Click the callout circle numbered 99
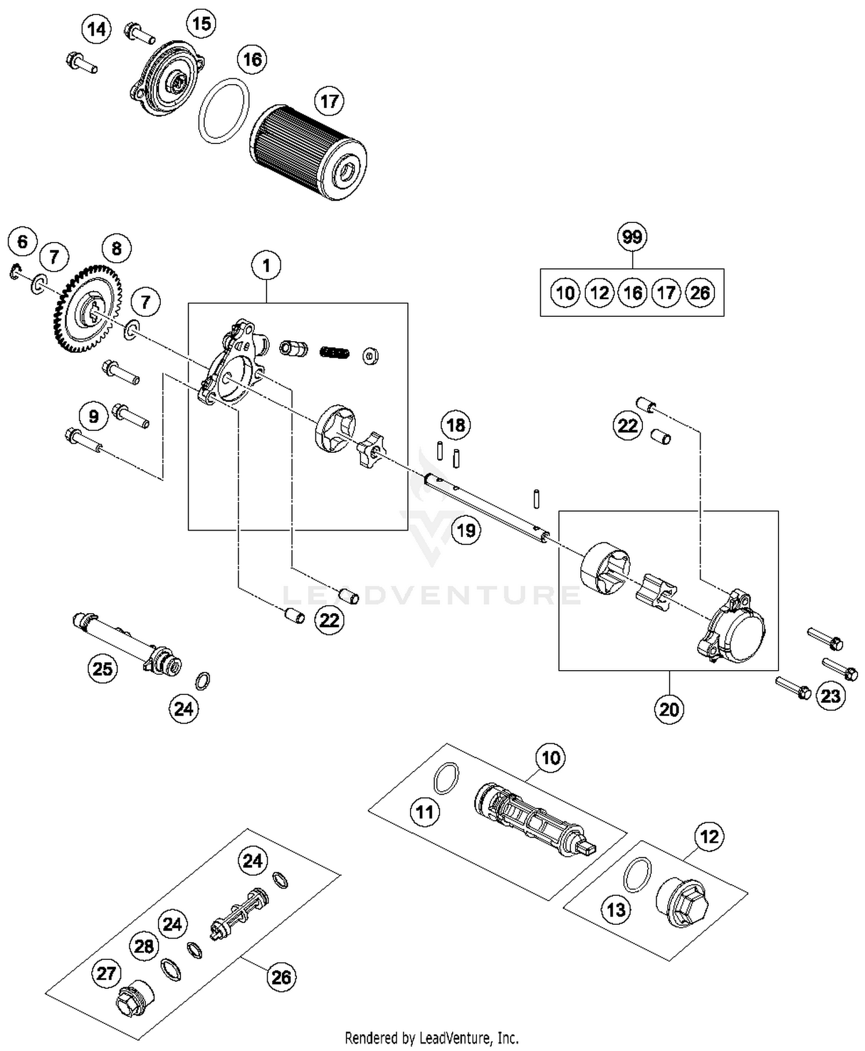point(632,237)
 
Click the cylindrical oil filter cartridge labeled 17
point(309,152)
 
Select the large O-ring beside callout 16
point(224,112)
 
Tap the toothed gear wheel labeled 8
point(88,309)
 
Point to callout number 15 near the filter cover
point(201,24)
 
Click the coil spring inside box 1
point(334,351)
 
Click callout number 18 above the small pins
point(456,425)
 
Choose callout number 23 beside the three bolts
point(830,695)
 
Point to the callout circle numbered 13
point(616,910)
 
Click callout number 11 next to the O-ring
point(425,812)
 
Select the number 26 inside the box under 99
point(699,293)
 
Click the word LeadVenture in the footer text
point(452,1038)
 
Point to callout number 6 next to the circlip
point(22,241)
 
